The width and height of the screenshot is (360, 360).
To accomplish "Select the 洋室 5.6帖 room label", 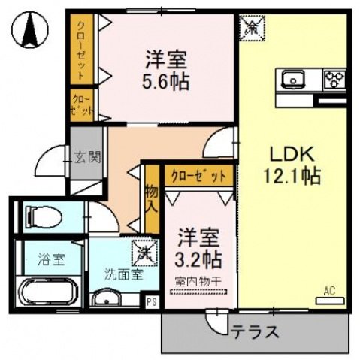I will pyautogui.click(x=162, y=68).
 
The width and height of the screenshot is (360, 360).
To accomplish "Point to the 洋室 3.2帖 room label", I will pyautogui.click(x=198, y=250).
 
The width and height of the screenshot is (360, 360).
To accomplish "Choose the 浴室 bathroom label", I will pyautogui.click(x=51, y=260).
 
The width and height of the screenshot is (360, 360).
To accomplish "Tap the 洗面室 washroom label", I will pyautogui.click(x=123, y=275).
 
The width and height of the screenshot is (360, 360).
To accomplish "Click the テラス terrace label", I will pyautogui.click(x=256, y=331).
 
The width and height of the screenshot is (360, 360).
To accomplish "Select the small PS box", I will pyautogui.click(x=152, y=302).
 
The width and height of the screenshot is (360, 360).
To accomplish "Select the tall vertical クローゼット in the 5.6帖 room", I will pyautogui.click(x=81, y=51).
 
